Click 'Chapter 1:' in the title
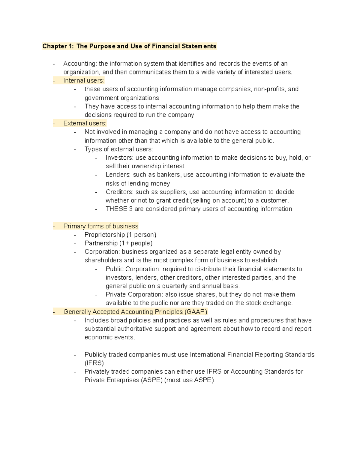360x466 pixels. coord(58,46)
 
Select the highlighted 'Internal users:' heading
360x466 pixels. coord(83,80)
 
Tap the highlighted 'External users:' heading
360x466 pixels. coord(85,123)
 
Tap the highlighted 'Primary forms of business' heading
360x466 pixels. coord(101,226)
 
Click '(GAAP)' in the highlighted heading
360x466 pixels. coord(196,312)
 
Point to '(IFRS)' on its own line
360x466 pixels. coord(94,363)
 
